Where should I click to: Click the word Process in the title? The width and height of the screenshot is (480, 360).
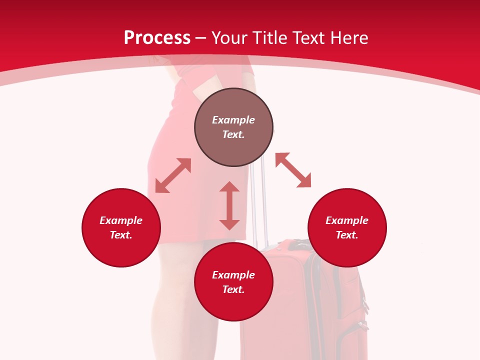[x=157, y=38]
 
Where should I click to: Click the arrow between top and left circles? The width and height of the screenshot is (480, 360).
[x=173, y=175]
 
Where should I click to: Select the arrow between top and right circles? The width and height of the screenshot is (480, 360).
[x=293, y=170]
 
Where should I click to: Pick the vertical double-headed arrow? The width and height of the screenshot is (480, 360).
[x=229, y=205]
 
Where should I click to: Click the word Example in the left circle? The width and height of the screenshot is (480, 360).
[x=121, y=220]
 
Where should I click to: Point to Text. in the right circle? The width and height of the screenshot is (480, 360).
[x=347, y=235]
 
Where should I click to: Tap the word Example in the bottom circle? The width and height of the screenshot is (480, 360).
[x=233, y=275]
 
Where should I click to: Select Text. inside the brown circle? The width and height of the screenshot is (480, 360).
[x=233, y=134]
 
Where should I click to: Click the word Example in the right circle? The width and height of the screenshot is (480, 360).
[x=347, y=220]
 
